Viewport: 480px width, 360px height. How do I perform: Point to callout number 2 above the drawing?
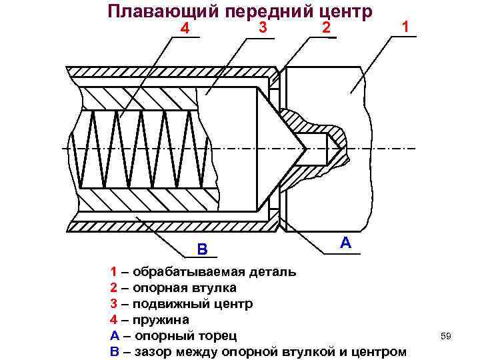tap(325, 27)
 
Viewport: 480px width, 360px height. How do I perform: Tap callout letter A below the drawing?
tap(345, 242)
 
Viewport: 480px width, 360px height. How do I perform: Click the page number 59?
tap(446, 336)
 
